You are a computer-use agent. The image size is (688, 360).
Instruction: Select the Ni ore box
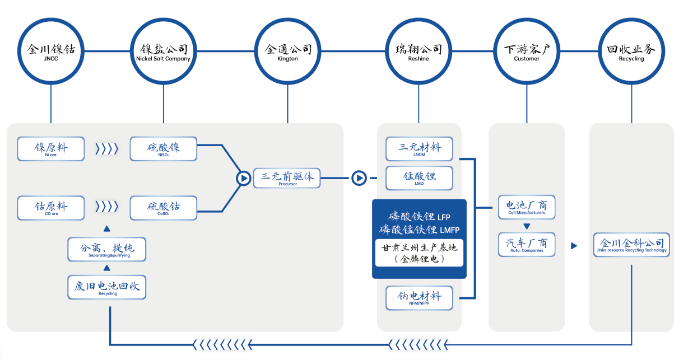(51, 149)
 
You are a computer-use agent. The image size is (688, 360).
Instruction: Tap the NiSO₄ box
(164, 149)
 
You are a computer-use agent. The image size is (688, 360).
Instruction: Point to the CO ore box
(51, 208)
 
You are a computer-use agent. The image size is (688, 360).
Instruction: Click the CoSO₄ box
(164, 208)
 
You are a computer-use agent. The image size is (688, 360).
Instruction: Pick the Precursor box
(287, 179)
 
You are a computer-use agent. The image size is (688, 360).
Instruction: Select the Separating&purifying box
(107, 249)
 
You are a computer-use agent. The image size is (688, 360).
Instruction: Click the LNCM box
(420, 149)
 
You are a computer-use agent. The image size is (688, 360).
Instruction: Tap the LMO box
(420, 177)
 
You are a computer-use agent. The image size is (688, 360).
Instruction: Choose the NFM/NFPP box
(420, 298)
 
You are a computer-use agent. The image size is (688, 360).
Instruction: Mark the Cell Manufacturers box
(527, 207)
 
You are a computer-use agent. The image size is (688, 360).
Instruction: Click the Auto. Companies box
(527, 245)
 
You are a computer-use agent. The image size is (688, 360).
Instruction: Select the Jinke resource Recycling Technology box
(632, 245)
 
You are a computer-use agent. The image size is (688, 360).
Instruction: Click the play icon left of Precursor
(243, 178)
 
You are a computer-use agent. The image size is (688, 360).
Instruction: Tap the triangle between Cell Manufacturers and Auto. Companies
(527, 227)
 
